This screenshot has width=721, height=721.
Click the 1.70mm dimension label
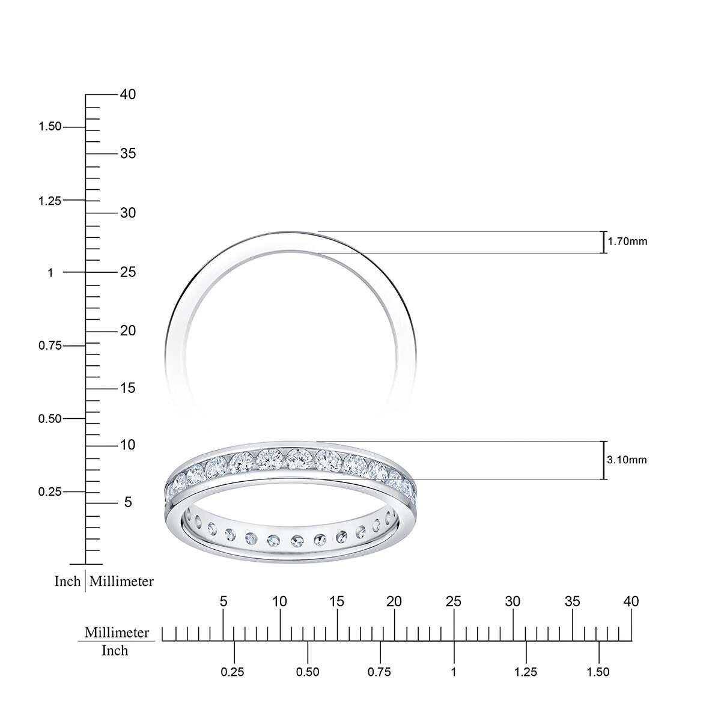(627, 242)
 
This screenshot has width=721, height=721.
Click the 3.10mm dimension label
(627, 460)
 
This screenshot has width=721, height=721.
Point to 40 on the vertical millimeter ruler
(127, 94)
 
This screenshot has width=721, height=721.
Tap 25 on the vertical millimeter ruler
(127, 272)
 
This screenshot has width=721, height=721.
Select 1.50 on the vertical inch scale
(50, 127)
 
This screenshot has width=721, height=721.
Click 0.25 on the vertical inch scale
(50, 491)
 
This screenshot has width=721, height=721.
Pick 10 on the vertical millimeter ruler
(127, 445)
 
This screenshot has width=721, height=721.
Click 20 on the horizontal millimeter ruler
(394, 601)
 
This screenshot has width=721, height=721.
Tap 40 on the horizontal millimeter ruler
(631, 601)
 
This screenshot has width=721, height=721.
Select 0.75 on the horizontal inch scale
(380, 672)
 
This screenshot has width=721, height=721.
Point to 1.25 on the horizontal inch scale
(526, 672)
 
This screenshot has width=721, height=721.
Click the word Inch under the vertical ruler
(67, 582)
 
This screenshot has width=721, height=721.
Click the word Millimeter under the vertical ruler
(121, 582)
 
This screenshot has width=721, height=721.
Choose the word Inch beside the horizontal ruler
(115, 651)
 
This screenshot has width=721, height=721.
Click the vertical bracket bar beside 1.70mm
(603, 242)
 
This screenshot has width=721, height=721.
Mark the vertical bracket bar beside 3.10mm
(603, 460)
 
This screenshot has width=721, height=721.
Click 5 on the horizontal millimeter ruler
(224, 601)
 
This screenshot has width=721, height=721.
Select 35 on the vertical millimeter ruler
(127, 154)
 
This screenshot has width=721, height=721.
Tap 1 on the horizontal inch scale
(454, 672)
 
